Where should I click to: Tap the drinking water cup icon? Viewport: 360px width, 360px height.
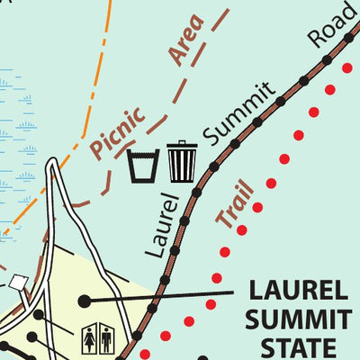(x=143, y=165)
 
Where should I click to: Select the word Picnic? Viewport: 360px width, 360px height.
(x=117, y=133)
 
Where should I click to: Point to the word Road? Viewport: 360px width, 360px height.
(x=330, y=26)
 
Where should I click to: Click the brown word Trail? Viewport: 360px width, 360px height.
(x=234, y=202)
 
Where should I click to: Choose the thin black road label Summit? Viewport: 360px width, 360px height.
(x=238, y=113)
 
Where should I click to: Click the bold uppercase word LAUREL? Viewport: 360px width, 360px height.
(x=296, y=291)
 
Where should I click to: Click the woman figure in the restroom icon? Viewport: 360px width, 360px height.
(x=90, y=339)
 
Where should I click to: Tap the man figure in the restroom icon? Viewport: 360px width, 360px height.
(x=106, y=339)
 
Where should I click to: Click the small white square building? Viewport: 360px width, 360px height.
(x=17, y=283)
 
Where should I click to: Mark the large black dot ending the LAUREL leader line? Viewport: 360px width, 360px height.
(x=85, y=300)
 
